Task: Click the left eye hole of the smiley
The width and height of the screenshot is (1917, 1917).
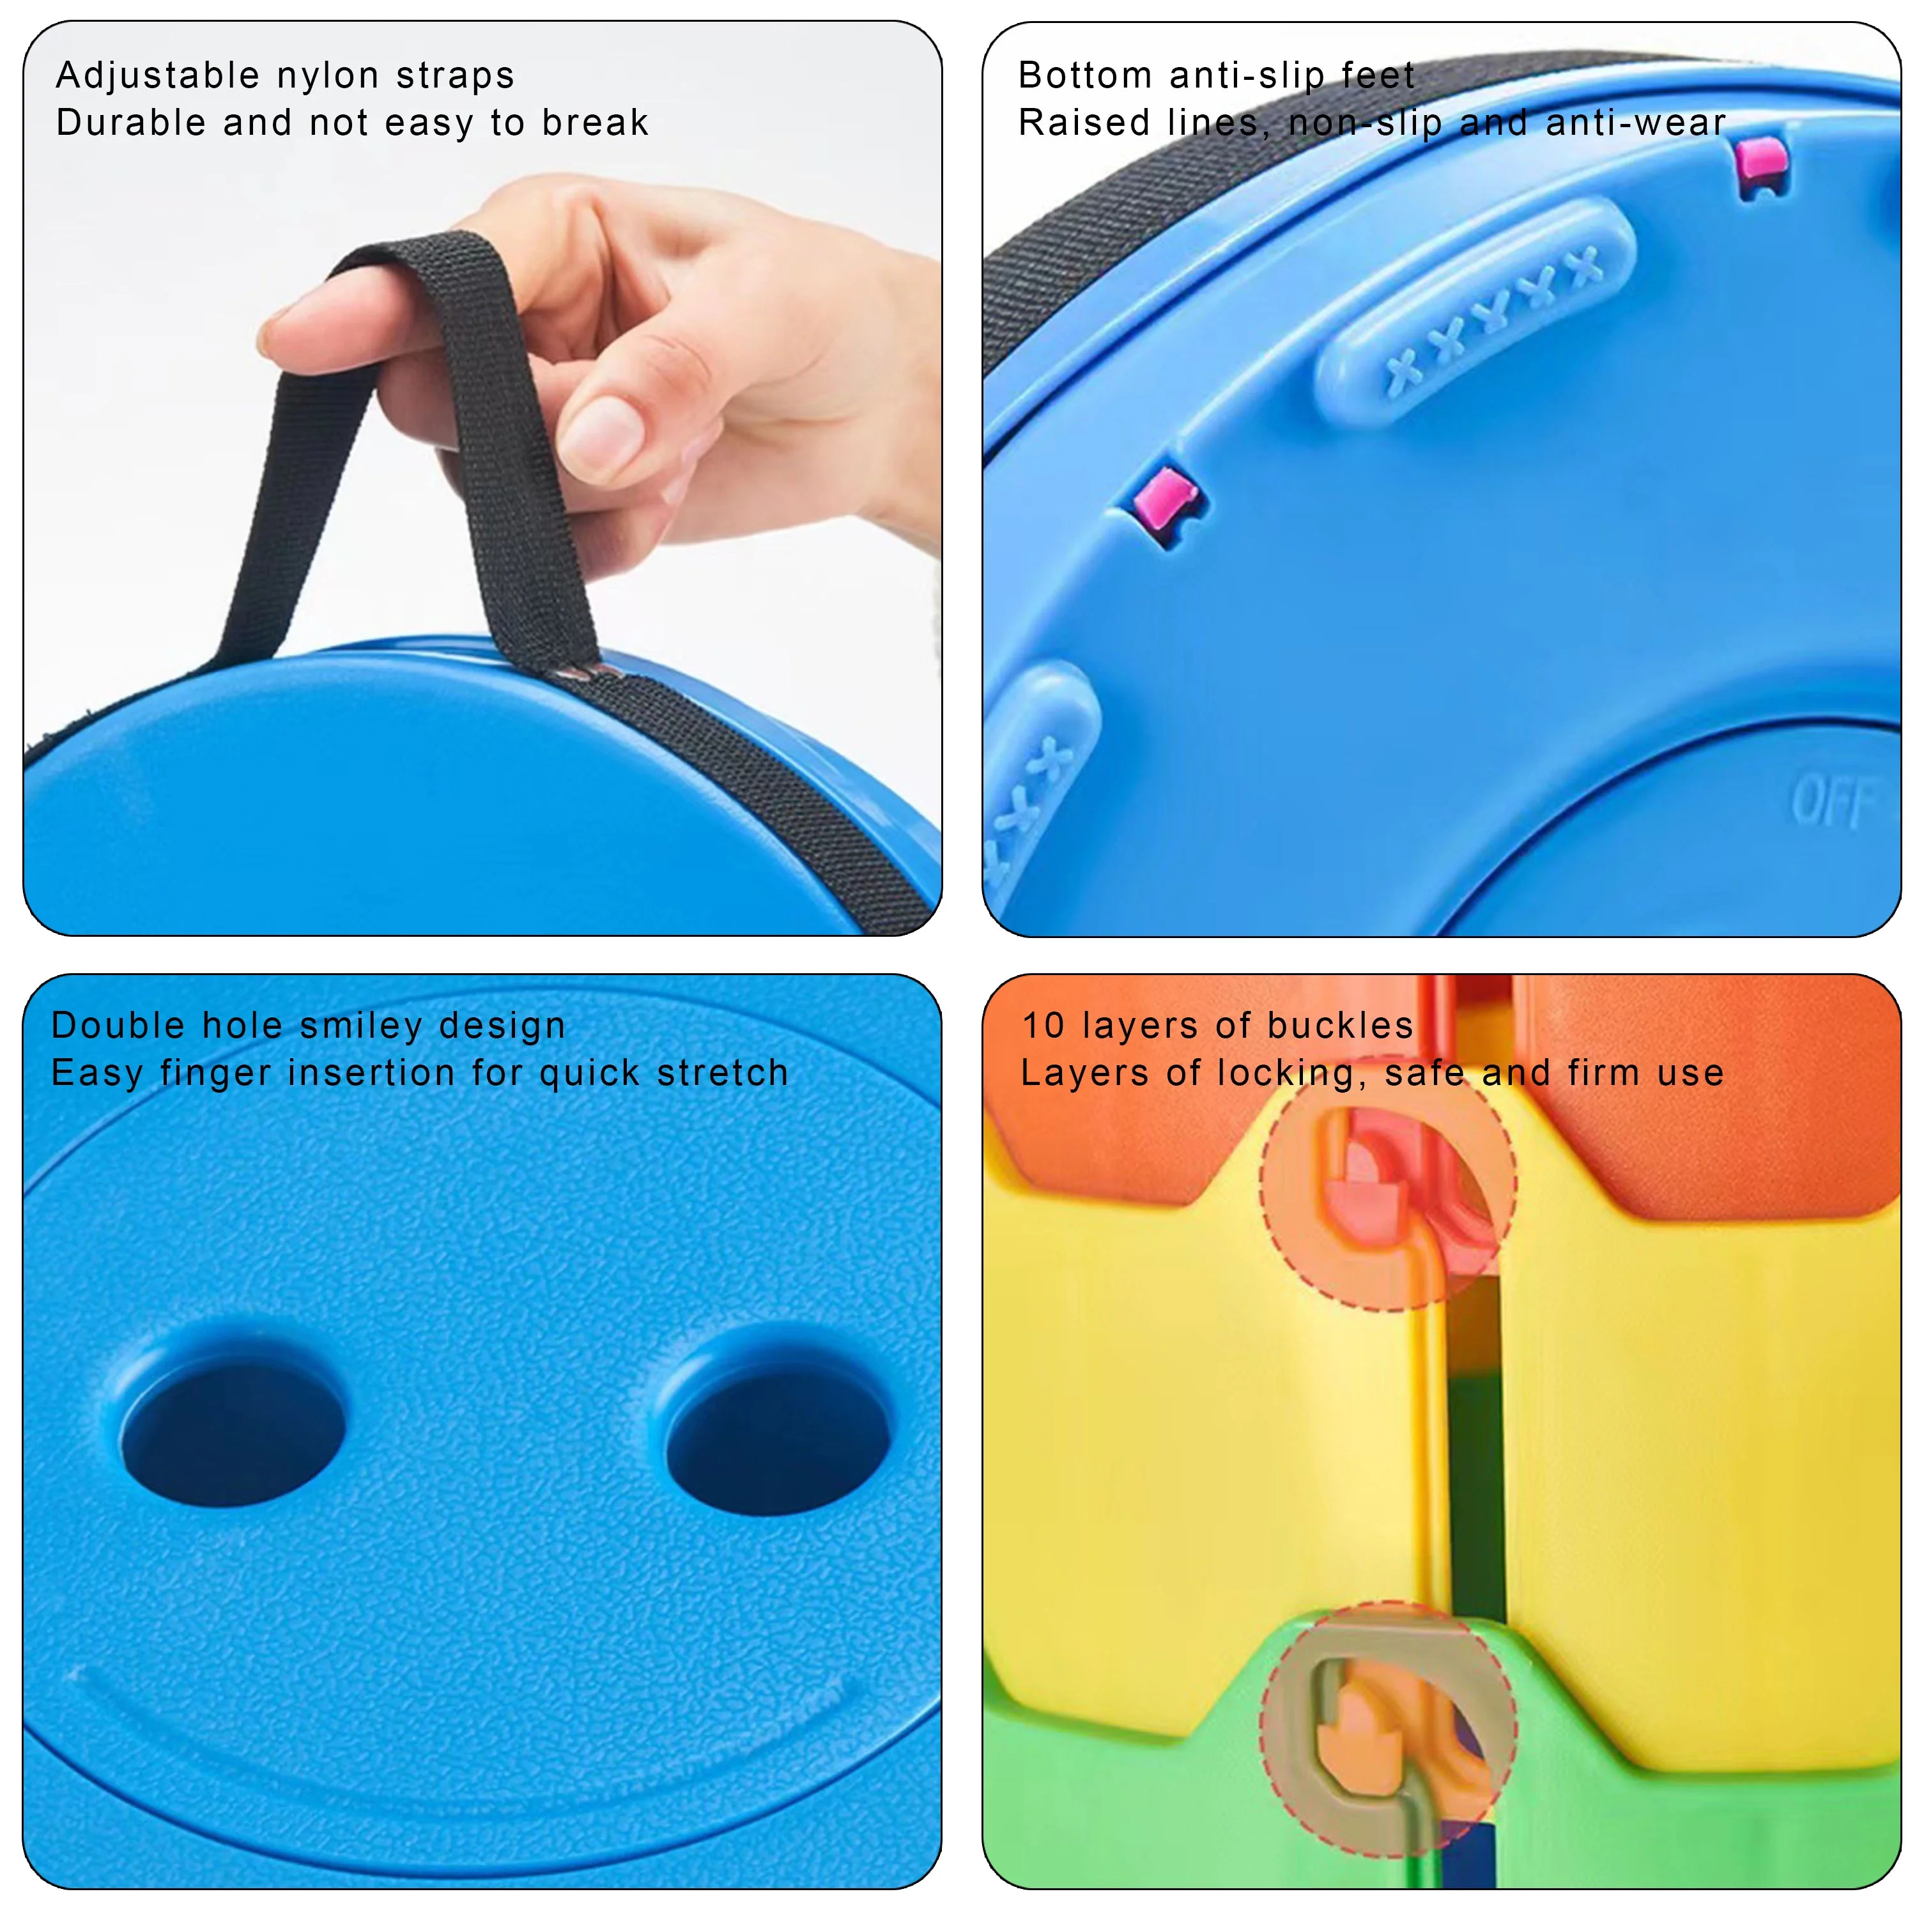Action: click(233, 1433)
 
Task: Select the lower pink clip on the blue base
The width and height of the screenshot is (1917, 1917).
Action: click(1167, 501)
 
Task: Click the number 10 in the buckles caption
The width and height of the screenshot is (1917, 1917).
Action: click(1043, 1026)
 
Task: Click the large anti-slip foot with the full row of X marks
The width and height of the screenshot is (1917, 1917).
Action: click(1477, 309)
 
